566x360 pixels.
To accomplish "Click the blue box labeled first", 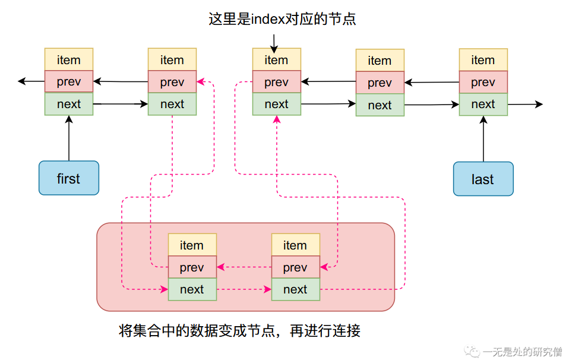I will tap(69, 178).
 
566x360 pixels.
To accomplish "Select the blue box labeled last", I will tap(483, 178).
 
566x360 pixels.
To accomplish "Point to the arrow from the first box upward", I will tap(69, 138).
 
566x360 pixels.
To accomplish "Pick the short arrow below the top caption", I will tap(274, 42).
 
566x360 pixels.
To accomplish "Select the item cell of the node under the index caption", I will tap(276, 60).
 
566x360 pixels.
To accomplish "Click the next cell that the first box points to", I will tap(69, 104).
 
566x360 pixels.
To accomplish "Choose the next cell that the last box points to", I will tap(483, 104).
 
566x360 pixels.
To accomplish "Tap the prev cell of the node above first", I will tap(69, 82).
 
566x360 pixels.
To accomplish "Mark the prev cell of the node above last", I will tap(483, 82).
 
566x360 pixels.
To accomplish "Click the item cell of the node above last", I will tap(483, 60).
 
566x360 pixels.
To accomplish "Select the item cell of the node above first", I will tap(69, 60).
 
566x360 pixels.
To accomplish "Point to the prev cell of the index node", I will tap(276, 82).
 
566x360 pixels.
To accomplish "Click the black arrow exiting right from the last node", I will tap(525, 105).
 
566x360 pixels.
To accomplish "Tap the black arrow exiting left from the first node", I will tap(31, 81).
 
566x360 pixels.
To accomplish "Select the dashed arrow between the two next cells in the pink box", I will tap(244, 290).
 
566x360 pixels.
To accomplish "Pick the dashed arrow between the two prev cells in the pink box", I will tap(244, 267).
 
